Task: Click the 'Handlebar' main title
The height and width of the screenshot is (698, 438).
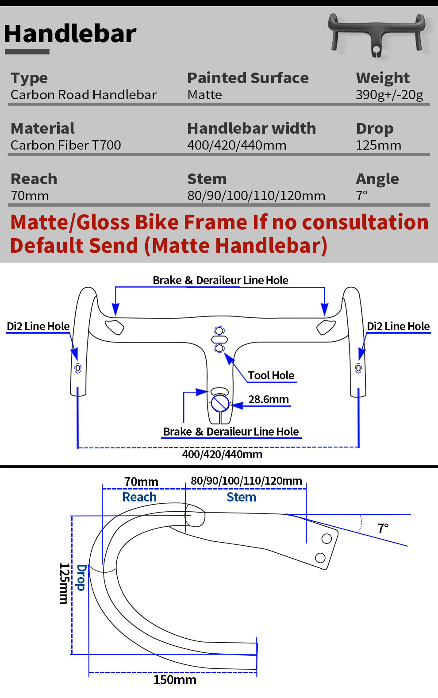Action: [70, 34]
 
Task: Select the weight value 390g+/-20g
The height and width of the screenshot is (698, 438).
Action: [389, 95]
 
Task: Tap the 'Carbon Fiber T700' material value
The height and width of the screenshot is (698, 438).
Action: [65, 145]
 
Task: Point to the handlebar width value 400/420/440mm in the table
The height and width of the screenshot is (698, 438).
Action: [237, 145]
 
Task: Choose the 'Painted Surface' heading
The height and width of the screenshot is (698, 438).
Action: [248, 78]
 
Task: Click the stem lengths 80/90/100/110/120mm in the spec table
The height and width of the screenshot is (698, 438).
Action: [256, 196]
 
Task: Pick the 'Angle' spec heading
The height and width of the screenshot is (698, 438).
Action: [377, 179]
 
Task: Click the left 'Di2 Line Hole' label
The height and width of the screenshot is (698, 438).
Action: [38, 327]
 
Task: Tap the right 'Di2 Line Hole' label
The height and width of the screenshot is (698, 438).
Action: [398, 327]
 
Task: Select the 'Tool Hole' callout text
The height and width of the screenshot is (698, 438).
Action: [271, 376]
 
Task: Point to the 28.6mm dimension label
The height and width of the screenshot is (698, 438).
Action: [268, 400]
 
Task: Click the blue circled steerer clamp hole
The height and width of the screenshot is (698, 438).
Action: [220, 403]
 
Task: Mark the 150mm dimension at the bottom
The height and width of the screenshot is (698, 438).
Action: [175, 680]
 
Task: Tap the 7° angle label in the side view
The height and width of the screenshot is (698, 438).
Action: [383, 528]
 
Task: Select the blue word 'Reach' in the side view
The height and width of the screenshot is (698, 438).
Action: [139, 497]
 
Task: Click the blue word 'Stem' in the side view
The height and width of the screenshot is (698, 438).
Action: [241, 497]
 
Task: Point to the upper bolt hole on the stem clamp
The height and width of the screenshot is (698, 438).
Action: [327, 539]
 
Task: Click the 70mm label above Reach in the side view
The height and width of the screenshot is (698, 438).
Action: [141, 482]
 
